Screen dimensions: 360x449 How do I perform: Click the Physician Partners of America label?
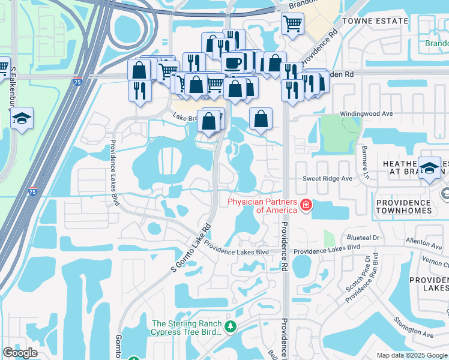[x=262, y=206]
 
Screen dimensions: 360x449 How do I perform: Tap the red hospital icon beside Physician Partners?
[x=306, y=206]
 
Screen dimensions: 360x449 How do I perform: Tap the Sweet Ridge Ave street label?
[x=327, y=179]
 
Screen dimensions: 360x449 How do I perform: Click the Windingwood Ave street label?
[x=366, y=113]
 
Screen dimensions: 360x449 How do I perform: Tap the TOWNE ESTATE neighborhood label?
[x=375, y=20]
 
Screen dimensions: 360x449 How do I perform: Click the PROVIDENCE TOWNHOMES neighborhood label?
[x=412, y=207]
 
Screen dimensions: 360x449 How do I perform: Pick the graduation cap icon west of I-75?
[x=22, y=118]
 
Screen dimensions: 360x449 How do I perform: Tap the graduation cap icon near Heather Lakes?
[x=429, y=168]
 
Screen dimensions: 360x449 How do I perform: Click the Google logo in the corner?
[x=20, y=353]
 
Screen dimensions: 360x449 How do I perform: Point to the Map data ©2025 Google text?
[x=412, y=355]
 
